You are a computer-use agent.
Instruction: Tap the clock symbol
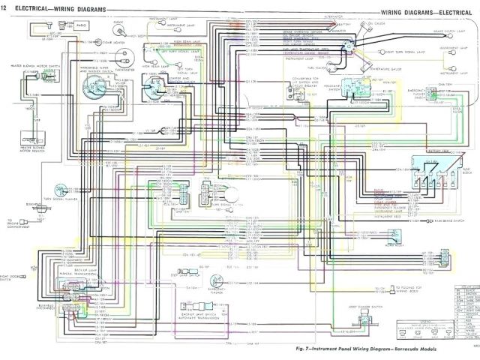click(116, 34)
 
